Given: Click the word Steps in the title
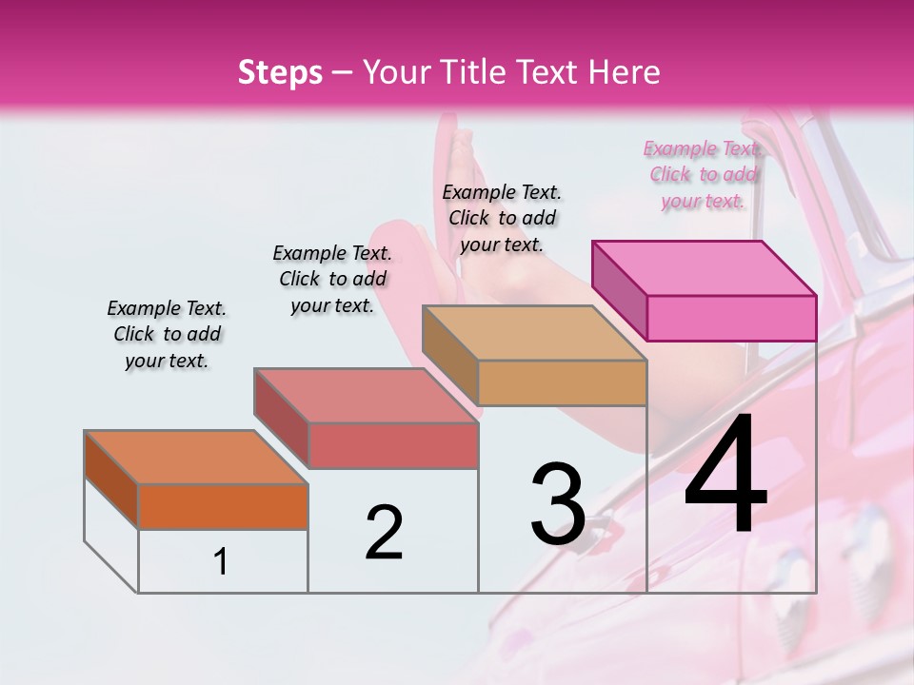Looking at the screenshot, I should (280, 72).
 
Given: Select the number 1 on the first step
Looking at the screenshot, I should (221, 562).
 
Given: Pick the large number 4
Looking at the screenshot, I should (725, 476).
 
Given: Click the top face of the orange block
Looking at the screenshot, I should (195, 458).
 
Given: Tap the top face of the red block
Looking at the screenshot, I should (366, 396).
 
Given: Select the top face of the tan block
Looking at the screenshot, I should (534, 333).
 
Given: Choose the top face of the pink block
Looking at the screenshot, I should (704, 268).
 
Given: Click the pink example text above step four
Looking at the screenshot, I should (703, 175).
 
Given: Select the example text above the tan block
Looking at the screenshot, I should (503, 218).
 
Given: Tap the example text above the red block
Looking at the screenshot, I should (332, 279).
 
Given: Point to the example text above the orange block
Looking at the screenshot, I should (167, 334).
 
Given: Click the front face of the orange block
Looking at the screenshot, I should (223, 506).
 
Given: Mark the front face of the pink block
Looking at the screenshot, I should (731, 318).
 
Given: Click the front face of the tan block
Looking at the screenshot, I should (562, 382).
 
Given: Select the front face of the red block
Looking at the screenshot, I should (392, 445).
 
